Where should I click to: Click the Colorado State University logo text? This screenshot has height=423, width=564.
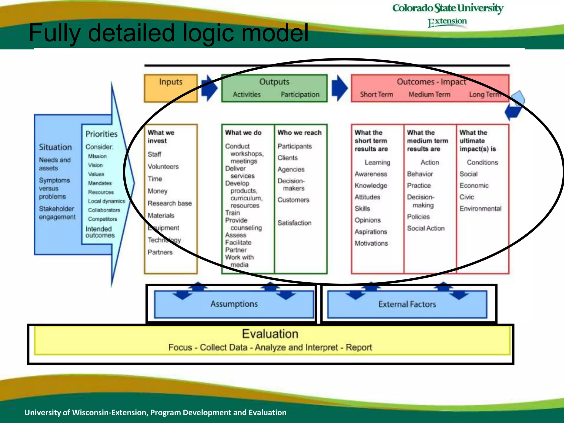[448, 8]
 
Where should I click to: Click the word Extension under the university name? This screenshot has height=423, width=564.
[447, 22]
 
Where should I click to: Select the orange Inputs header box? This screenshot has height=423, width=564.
[171, 88]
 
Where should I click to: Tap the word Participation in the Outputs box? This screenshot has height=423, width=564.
[300, 94]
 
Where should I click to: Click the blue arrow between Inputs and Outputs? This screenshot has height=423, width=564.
[209, 88]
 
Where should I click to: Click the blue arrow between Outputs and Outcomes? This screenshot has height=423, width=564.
[339, 88]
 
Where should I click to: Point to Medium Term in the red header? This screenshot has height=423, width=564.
[429, 94]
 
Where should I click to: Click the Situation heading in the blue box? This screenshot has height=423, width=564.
[55, 147]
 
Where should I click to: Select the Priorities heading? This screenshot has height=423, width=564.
[101, 134]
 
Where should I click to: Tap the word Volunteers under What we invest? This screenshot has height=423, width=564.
[163, 167]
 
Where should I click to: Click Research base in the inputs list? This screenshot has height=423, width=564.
[170, 203]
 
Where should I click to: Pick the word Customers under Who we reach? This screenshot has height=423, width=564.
[293, 200]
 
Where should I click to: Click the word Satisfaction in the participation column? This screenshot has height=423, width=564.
[294, 223]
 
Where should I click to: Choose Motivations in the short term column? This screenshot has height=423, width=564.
[371, 243]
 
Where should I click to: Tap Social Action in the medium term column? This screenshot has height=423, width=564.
[426, 228]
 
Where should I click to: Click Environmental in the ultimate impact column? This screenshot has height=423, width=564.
[480, 209]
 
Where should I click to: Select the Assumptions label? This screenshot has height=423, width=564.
[234, 304]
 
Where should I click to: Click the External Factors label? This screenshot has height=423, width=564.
[407, 304]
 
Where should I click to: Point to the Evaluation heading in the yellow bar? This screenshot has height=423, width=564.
[270, 334]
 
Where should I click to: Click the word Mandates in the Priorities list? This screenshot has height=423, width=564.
[100, 183]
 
